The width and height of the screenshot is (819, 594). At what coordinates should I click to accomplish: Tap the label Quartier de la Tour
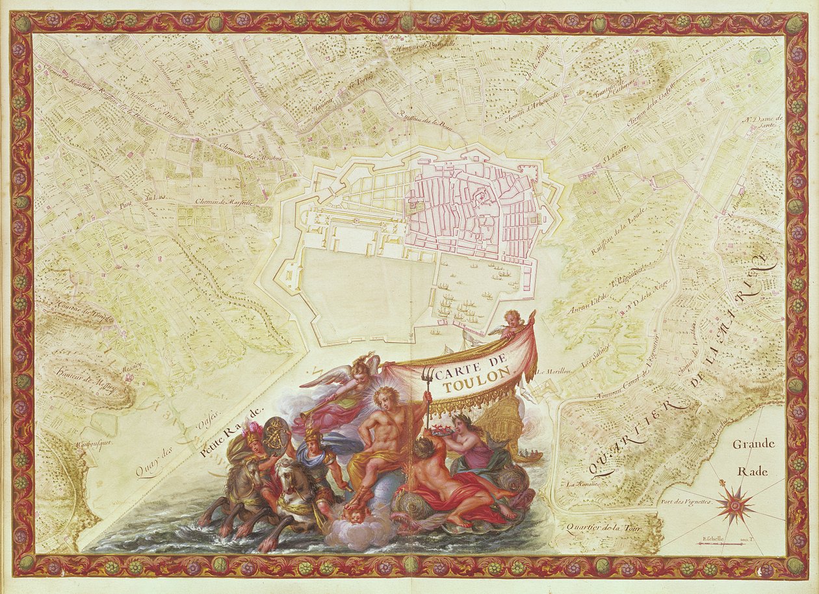coord(604,528)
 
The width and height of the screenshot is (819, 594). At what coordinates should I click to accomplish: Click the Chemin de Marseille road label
coord(224,202)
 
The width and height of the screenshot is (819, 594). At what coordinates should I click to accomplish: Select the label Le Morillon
coord(553,372)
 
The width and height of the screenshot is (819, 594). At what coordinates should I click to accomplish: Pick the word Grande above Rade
coord(753,445)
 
